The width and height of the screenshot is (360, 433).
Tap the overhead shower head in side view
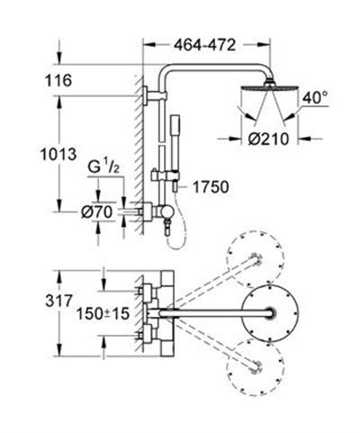coord(262,93)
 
